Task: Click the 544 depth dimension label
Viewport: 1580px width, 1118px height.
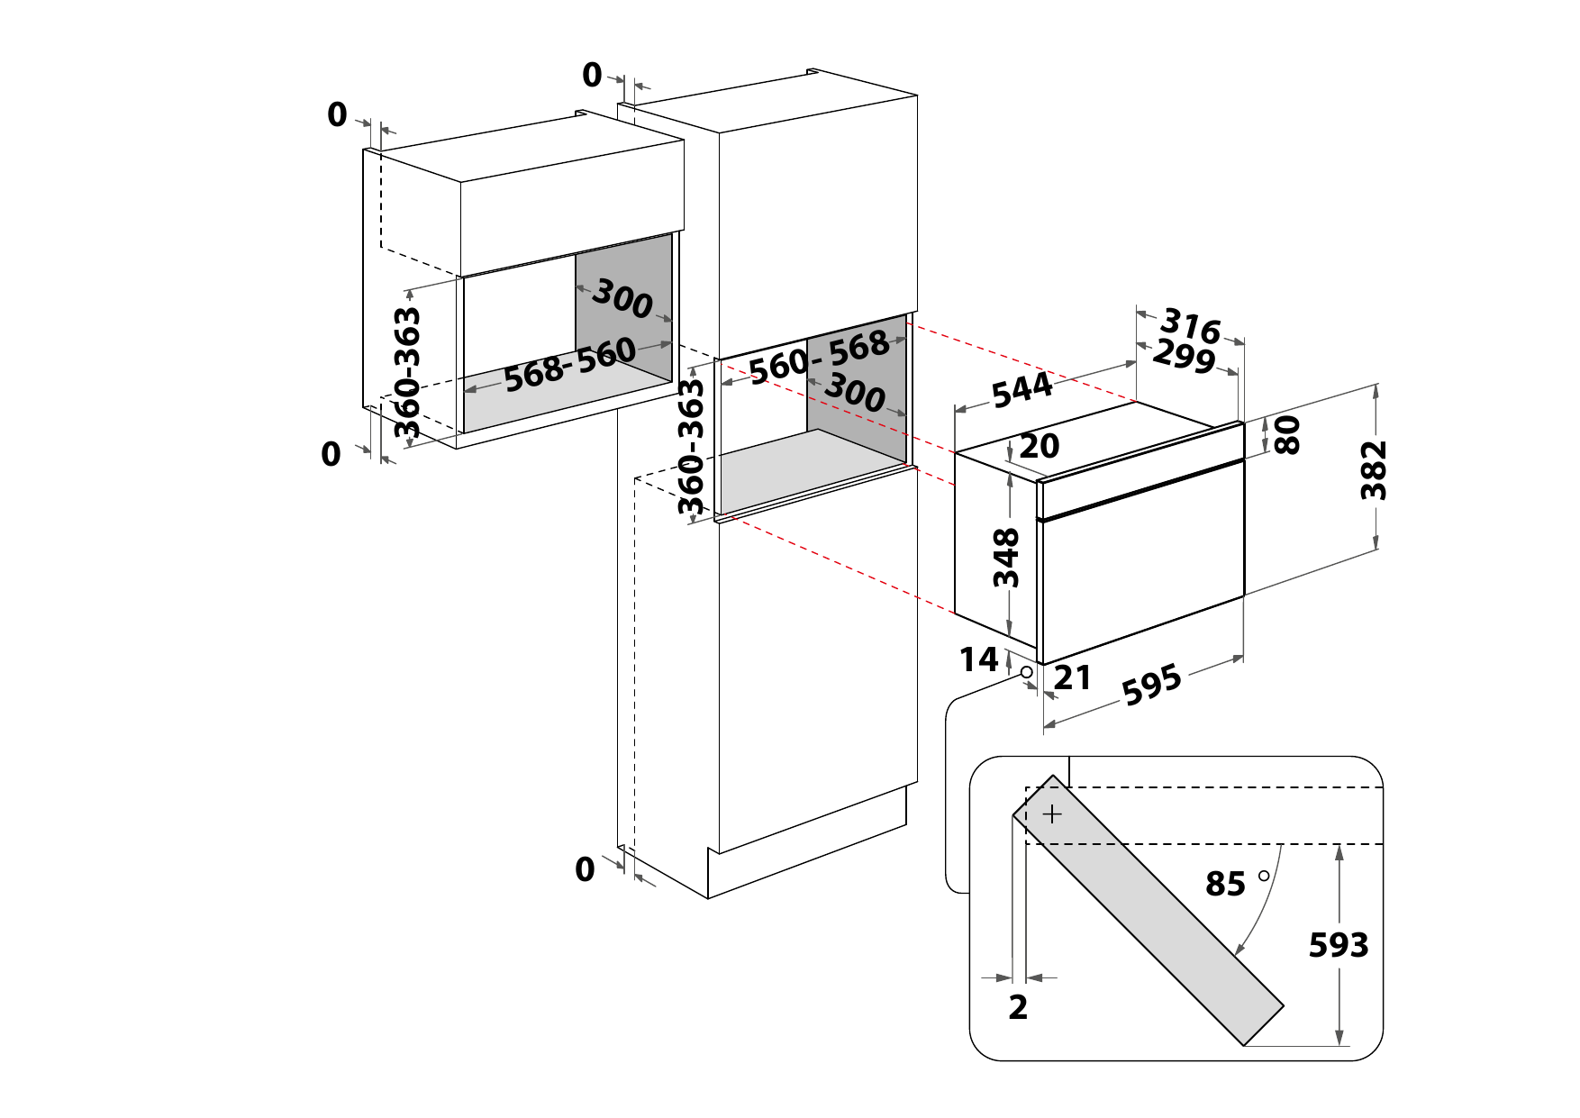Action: [1022, 390]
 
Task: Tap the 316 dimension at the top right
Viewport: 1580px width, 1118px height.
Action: [1190, 325]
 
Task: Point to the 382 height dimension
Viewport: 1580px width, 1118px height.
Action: [1374, 469]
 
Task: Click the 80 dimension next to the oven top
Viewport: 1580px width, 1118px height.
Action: [1289, 435]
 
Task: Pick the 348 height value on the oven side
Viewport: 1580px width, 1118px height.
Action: [1006, 558]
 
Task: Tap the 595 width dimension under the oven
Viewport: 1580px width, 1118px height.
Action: [1151, 685]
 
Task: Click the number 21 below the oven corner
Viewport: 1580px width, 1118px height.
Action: [1072, 677]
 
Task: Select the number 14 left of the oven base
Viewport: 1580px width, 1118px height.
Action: [978, 660]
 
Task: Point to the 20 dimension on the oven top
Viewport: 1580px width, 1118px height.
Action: [1040, 446]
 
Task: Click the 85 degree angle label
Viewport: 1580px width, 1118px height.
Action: [1226, 885]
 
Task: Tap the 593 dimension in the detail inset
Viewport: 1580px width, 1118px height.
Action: [1339, 945]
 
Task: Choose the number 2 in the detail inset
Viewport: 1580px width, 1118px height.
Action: [1018, 1007]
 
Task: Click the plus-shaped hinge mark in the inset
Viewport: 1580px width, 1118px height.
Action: [1052, 814]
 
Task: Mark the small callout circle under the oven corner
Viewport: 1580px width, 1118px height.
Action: [1026, 672]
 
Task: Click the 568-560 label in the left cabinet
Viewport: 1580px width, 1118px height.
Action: [569, 366]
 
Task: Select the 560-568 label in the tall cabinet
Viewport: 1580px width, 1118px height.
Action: [819, 357]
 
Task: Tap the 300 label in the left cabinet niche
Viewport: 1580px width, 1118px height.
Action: [622, 299]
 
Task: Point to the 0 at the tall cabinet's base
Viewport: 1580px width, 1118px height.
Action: [586, 869]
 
